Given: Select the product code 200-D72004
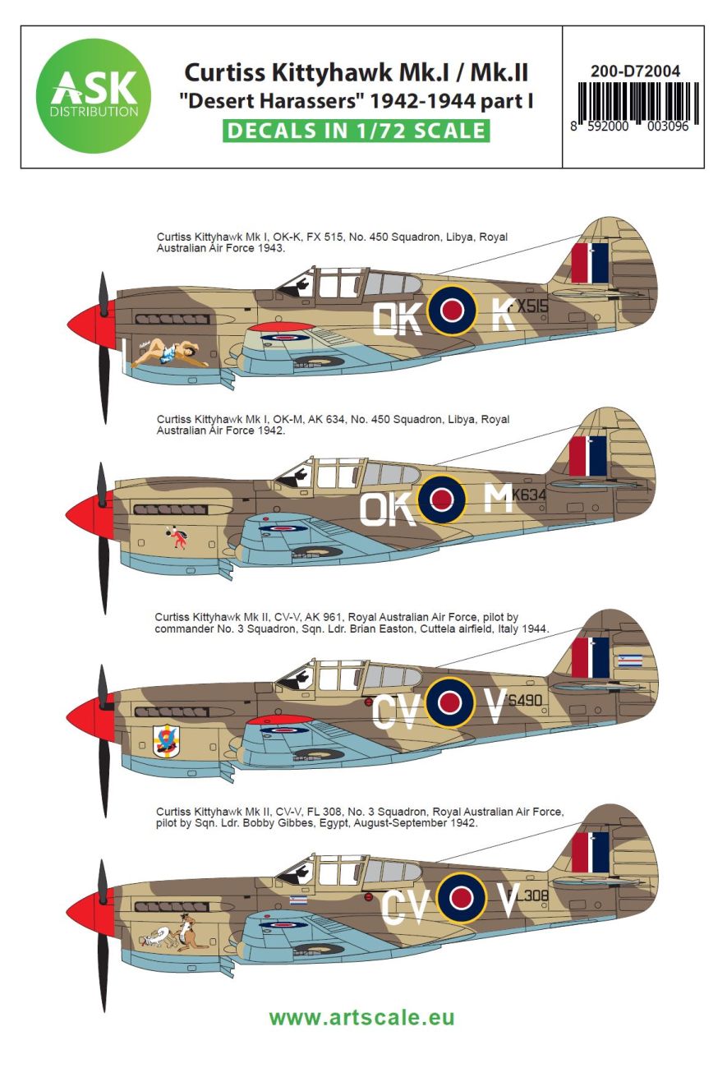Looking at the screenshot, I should pyautogui.click(x=635, y=71).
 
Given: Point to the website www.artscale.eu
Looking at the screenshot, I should pyautogui.click(x=361, y=1017).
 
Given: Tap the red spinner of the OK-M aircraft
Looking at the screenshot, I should pyautogui.click(x=87, y=512).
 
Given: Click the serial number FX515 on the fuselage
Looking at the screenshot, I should pyautogui.click(x=527, y=306).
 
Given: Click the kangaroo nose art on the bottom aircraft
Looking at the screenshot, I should pyautogui.click(x=176, y=933).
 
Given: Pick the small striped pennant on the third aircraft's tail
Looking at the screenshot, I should pyautogui.click(x=630, y=660).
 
